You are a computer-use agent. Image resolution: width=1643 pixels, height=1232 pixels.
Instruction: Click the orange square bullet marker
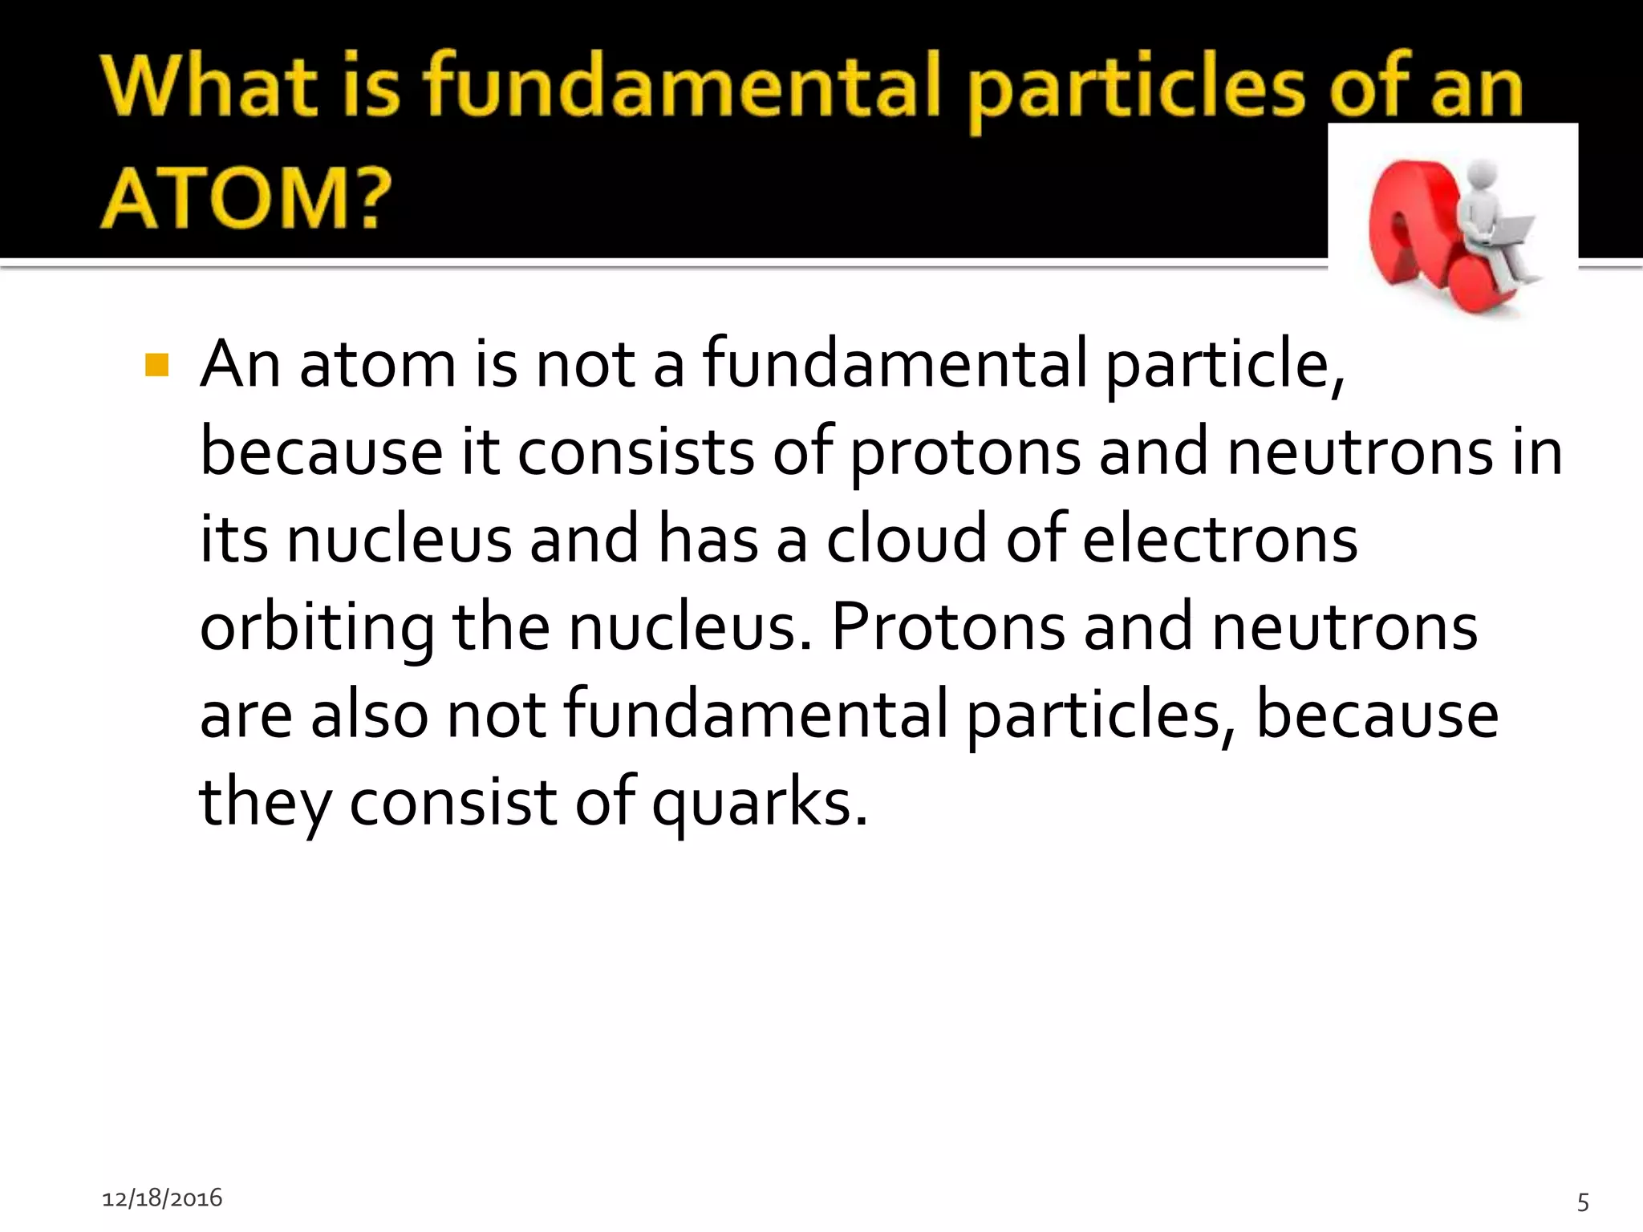point(156,366)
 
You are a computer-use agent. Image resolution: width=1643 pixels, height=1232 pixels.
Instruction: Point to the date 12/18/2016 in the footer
point(162,1198)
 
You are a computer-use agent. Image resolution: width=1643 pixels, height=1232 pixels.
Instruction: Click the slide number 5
point(1583,1202)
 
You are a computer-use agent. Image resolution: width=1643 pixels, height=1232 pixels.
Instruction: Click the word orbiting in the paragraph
point(316,628)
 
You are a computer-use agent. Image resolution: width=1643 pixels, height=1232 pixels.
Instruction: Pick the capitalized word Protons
point(948,626)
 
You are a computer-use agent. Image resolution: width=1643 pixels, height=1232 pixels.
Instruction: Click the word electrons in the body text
point(1219,540)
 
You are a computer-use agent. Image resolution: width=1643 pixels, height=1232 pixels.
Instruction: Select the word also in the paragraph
point(370,715)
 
